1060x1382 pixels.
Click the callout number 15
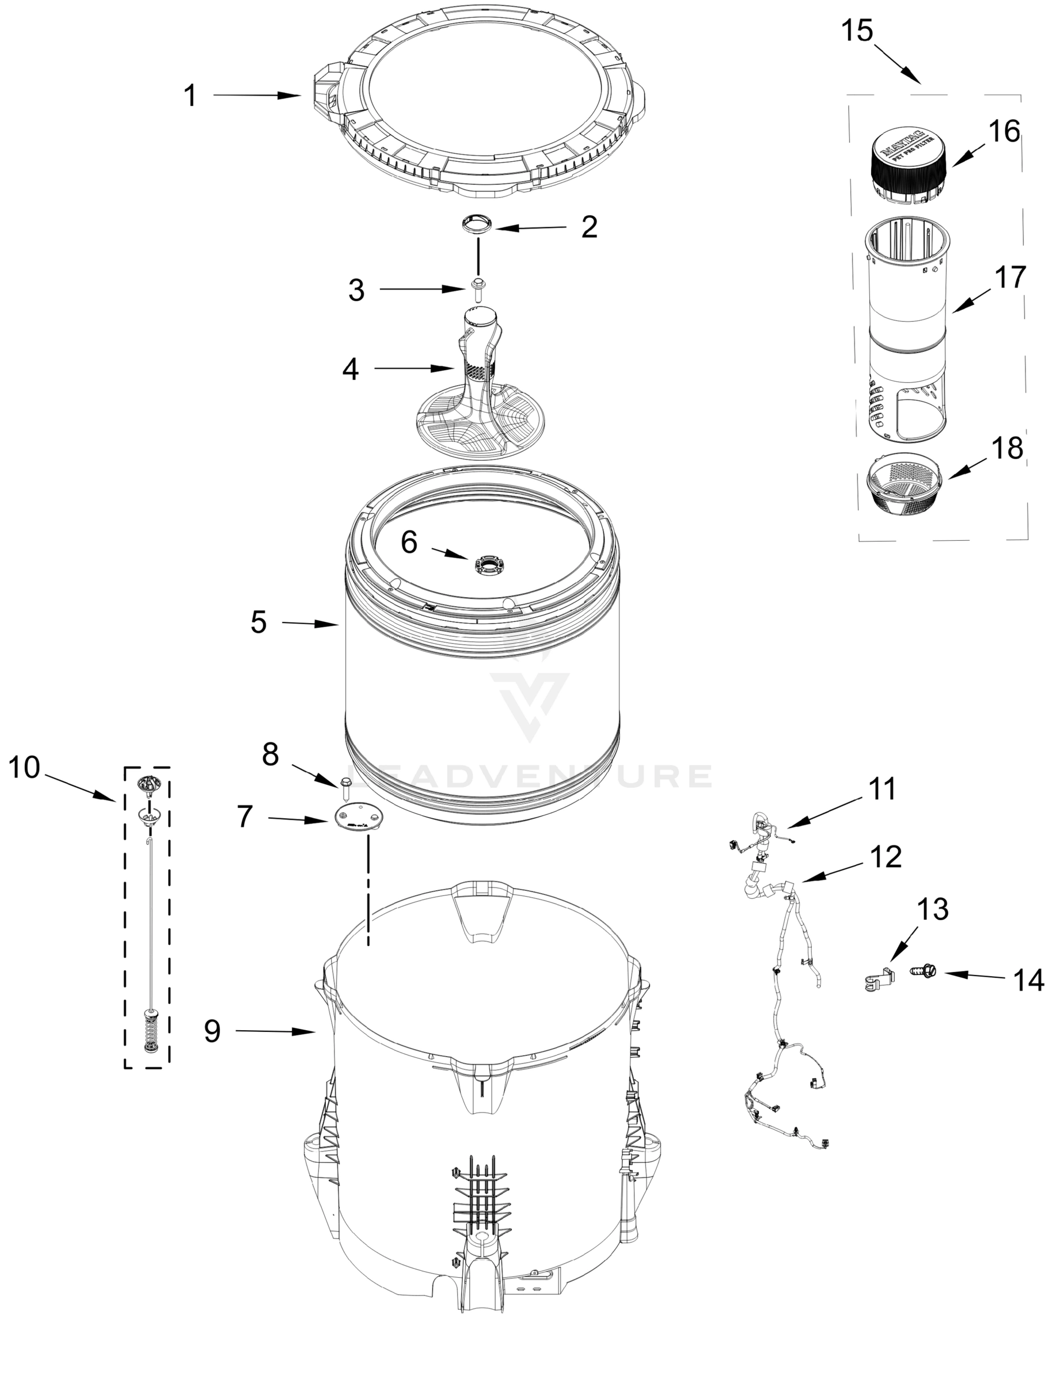click(x=857, y=31)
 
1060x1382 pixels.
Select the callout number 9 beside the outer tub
click(x=212, y=1031)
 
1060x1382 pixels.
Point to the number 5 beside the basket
click(x=259, y=622)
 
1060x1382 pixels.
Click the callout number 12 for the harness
click(x=885, y=857)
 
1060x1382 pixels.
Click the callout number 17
click(x=1009, y=277)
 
